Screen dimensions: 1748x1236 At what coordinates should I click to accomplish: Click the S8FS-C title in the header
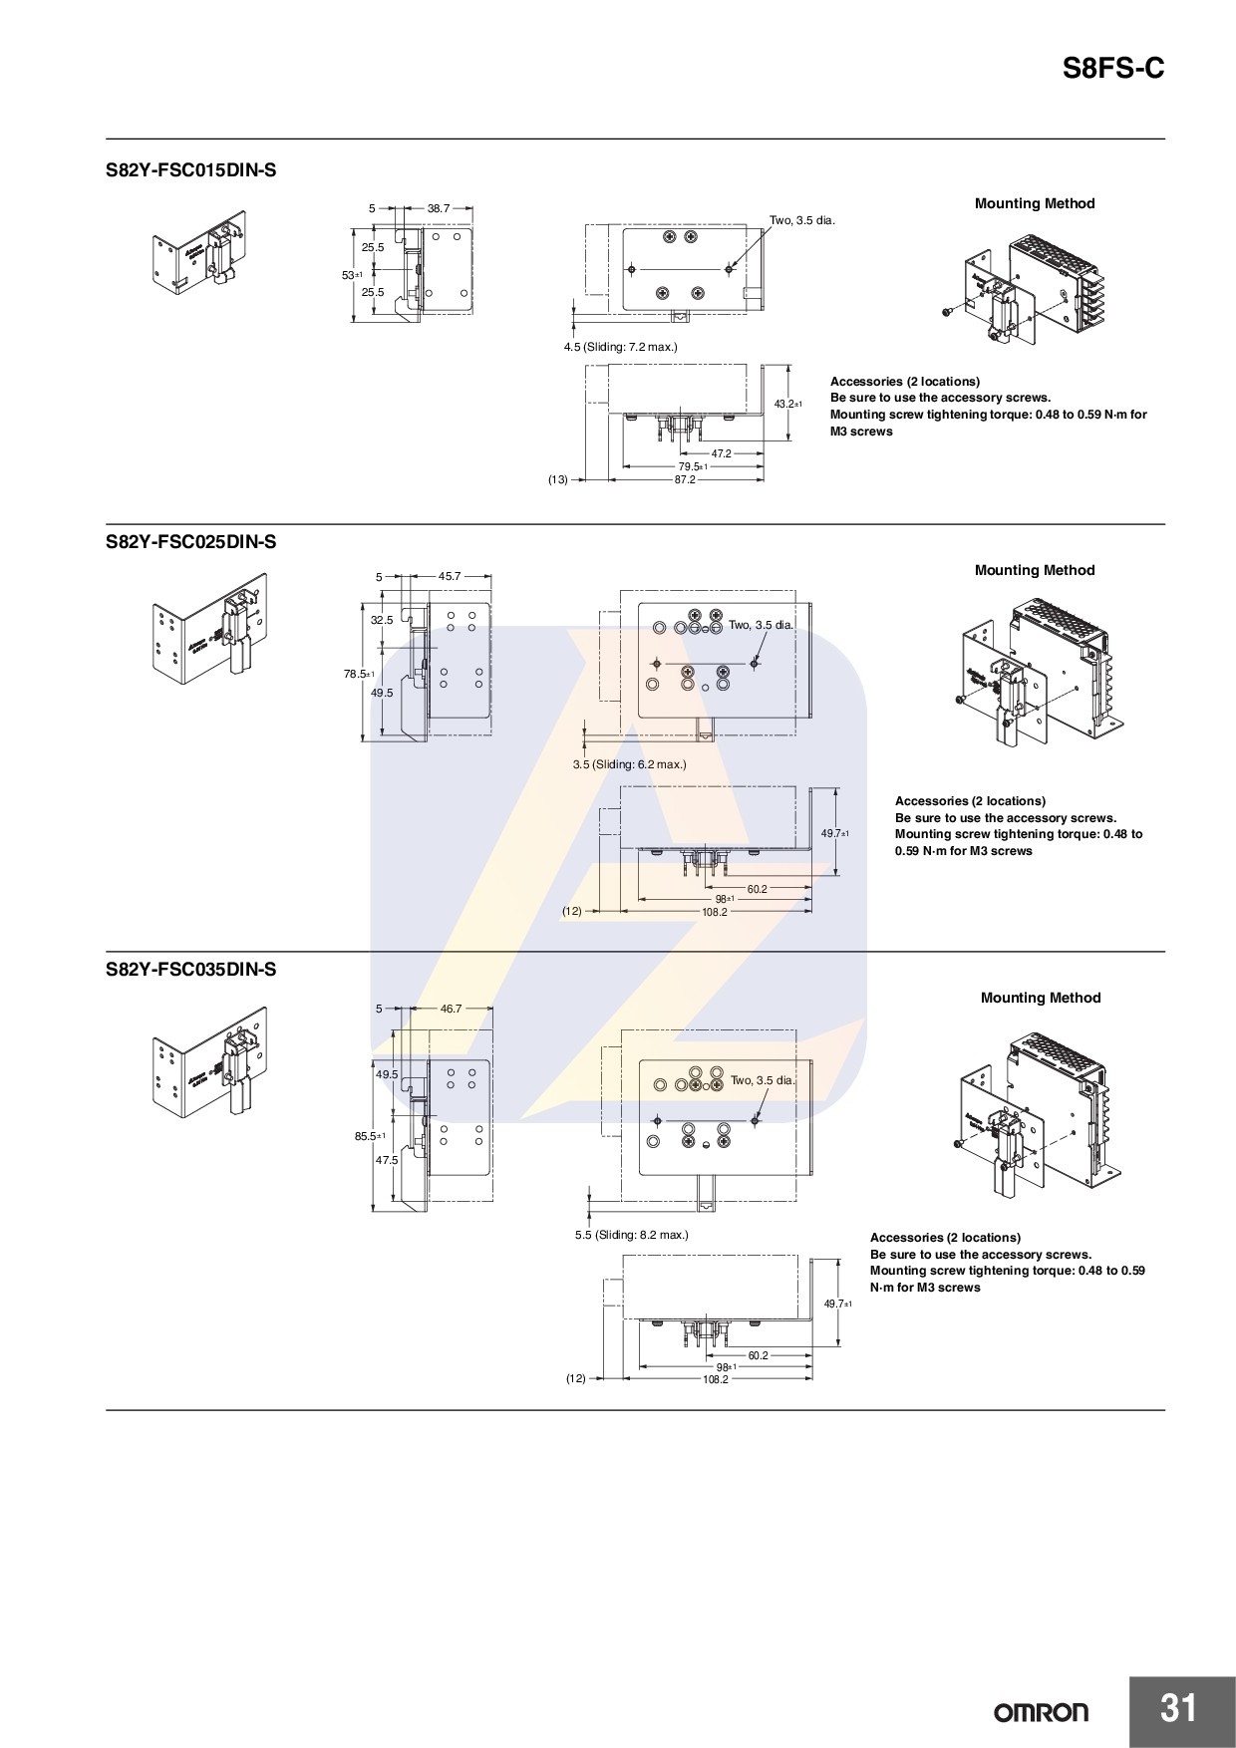point(1112,69)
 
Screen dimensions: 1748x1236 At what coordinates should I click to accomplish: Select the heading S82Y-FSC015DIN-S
point(190,170)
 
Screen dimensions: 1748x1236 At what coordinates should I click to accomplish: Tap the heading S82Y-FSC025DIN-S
point(190,542)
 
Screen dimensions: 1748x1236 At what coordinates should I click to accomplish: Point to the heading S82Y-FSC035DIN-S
point(190,969)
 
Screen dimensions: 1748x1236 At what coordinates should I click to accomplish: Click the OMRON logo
point(1041,1712)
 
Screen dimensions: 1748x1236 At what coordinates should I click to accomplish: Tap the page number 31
point(1178,1708)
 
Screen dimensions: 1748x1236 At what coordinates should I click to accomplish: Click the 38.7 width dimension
point(439,208)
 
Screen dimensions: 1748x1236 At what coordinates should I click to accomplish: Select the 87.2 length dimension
point(685,479)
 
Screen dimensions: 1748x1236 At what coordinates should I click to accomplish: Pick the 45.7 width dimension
point(450,576)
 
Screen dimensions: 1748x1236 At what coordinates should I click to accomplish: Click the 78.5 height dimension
point(355,674)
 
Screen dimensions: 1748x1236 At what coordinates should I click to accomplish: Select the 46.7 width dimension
point(451,1009)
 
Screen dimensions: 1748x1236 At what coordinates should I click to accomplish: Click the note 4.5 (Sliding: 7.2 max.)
point(620,347)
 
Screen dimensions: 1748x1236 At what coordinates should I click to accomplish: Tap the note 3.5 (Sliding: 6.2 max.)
point(629,764)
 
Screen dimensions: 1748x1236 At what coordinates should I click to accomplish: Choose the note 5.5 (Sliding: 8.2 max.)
point(631,1235)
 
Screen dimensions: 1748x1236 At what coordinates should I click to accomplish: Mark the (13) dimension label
point(557,479)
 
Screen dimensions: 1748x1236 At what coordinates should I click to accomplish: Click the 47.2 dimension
point(721,453)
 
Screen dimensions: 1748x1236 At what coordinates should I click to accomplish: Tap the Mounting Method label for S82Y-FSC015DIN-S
point(1034,203)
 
